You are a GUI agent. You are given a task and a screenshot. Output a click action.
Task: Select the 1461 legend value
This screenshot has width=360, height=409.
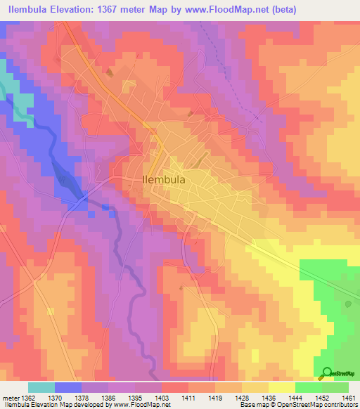tap(349, 397)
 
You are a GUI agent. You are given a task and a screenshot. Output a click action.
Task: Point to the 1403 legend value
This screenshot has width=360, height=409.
tap(162, 397)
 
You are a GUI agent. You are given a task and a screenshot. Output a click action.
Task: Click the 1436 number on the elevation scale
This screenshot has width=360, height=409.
tap(269, 397)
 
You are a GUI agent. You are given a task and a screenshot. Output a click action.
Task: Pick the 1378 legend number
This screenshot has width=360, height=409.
tap(82, 397)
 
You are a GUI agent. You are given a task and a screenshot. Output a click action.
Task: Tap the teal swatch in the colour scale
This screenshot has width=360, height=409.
tap(41, 387)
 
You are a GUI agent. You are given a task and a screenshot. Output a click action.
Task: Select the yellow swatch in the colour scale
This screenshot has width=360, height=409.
tap(281, 387)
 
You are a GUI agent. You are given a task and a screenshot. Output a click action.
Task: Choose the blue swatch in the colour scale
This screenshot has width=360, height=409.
tap(68, 387)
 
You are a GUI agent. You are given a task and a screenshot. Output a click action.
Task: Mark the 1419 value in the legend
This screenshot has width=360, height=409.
tap(215, 397)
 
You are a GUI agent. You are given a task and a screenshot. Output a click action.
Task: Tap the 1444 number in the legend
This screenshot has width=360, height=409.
tap(295, 397)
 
